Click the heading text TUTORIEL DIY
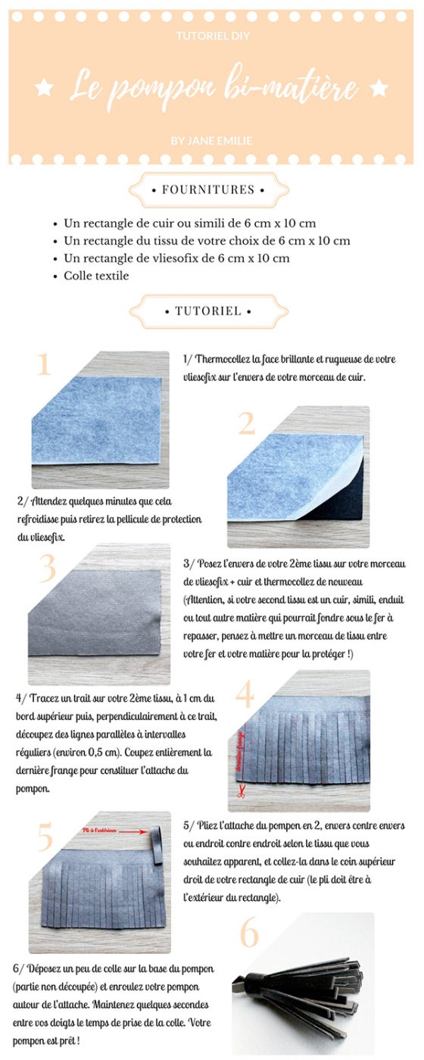click(x=212, y=36)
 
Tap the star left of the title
click(x=44, y=89)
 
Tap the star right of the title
click(x=379, y=89)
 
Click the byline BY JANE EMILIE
click(x=212, y=140)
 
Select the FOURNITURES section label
click(x=209, y=190)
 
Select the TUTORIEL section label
click(x=209, y=311)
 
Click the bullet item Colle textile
click(x=96, y=276)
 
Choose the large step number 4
click(x=245, y=695)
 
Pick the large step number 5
click(x=45, y=837)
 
